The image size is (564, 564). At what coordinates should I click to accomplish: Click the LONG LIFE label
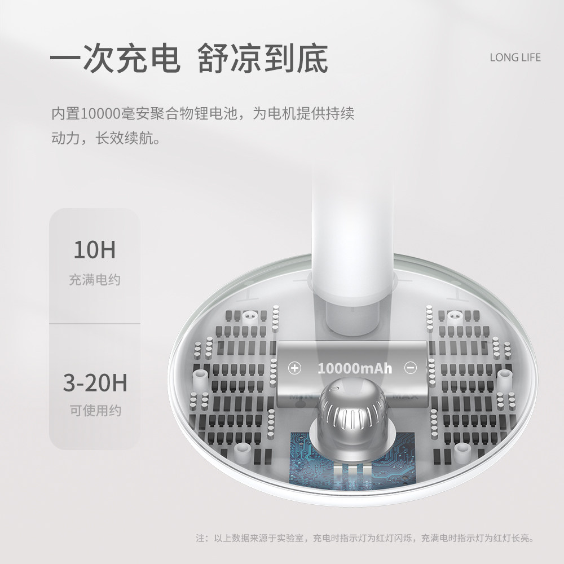(515, 58)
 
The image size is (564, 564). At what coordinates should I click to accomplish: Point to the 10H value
(94, 249)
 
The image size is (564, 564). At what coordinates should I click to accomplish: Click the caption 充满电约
(95, 280)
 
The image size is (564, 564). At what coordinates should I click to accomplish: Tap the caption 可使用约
(95, 411)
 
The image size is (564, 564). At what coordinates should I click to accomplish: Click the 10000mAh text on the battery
(354, 369)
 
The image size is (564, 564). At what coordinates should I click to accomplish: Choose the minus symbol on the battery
(411, 368)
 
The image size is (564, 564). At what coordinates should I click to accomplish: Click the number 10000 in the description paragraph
(99, 113)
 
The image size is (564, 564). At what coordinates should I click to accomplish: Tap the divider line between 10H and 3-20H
(95, 324)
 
